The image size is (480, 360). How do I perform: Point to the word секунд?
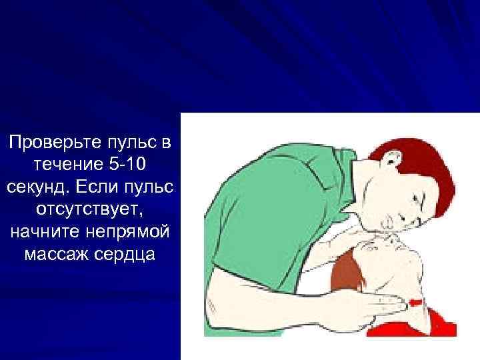click(x=37, y=187)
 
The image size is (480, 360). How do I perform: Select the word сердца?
click(x=127, y=255)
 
